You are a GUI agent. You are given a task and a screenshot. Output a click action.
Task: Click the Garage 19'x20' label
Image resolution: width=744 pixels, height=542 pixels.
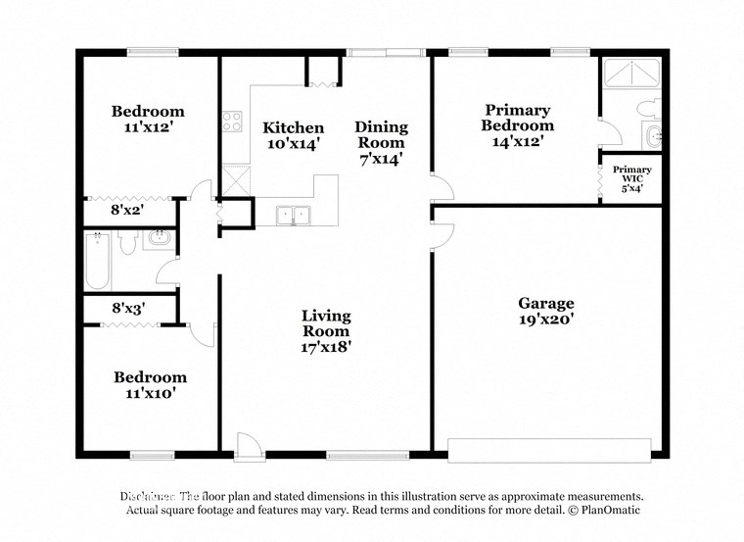point(546,311)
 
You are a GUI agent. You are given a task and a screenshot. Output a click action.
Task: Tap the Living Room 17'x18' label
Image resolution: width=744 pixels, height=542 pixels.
point(326,330)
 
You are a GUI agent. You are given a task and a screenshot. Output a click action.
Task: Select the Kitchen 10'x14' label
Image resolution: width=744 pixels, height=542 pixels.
point(294,135)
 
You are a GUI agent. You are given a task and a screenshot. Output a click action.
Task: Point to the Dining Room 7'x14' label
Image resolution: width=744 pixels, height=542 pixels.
point(381,141)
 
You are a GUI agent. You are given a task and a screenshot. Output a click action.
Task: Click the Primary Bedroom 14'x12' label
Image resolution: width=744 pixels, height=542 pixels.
point(517,125)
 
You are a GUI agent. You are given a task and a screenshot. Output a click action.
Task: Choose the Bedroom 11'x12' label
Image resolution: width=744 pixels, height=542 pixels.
point(148,119)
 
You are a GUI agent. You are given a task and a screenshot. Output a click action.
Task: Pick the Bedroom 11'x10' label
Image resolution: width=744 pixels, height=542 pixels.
point(150,384)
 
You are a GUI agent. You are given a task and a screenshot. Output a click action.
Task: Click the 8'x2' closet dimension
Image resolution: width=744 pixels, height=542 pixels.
point(128,208)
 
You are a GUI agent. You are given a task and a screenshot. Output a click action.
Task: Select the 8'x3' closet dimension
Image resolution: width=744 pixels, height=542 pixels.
point(128,308)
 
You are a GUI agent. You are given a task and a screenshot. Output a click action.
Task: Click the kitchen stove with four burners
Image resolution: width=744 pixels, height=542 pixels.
point(232,123)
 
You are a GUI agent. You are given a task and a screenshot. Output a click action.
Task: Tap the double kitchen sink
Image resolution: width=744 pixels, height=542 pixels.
point(291,215)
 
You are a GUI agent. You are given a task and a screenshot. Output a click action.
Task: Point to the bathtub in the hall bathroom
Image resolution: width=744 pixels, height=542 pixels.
point(97,261)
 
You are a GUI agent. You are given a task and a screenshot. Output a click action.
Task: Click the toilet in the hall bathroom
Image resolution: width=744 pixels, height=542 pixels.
point(126,242)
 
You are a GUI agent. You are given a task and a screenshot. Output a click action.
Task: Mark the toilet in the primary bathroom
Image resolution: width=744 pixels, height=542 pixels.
point(647,107)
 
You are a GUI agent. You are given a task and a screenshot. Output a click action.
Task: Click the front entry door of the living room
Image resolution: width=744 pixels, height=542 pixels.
point(250,446)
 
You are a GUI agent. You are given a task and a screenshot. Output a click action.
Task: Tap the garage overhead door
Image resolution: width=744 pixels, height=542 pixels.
point(549,451)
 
